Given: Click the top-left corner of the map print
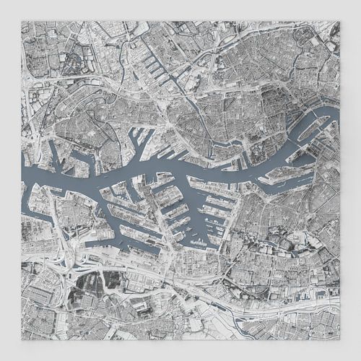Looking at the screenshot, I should (22, 21).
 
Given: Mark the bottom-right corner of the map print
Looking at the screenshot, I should (339, 339).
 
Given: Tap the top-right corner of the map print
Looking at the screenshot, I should (339, 21).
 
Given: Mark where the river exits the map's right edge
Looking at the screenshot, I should (337, 112).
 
